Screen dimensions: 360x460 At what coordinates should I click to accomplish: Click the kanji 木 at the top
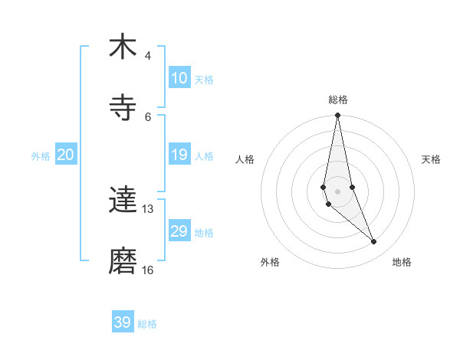[x=123, y=47]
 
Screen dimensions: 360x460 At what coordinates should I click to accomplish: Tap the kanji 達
[x=123, y=200]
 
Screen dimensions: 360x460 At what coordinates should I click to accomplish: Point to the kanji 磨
[x=123, y=261]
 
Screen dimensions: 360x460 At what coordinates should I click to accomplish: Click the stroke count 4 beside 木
[x=148, y=55]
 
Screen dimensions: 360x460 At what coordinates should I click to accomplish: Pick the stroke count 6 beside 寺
[x=148, y=116]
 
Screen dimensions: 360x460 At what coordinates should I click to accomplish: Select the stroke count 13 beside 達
[x=148, y=208]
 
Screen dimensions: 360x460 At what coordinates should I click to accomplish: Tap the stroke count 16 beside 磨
[x=148, y=270]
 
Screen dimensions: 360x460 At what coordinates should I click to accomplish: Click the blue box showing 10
[x=179, y=78]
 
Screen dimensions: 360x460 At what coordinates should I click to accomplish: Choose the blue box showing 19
[x=179, y=155]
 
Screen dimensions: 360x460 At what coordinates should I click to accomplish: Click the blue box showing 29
[x=179, y=231]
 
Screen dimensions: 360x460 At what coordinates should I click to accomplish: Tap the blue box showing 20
[x=66, y=155]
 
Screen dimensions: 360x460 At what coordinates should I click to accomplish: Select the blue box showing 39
[x=123, y=322]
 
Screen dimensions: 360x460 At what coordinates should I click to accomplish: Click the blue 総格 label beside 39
[x=147, y=324]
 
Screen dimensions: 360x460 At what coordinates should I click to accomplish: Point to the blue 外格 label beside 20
[x=41, y=156]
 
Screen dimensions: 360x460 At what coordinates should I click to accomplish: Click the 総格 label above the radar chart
[x=338, y=100]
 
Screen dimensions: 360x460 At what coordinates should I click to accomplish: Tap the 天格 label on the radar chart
[x=432, y=159]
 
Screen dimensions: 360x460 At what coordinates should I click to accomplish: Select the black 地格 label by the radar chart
[x=402, y=262]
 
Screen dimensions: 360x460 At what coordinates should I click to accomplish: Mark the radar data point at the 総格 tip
[x=337, y=116]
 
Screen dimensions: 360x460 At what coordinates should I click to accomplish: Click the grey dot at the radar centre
[x=337, y=191]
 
